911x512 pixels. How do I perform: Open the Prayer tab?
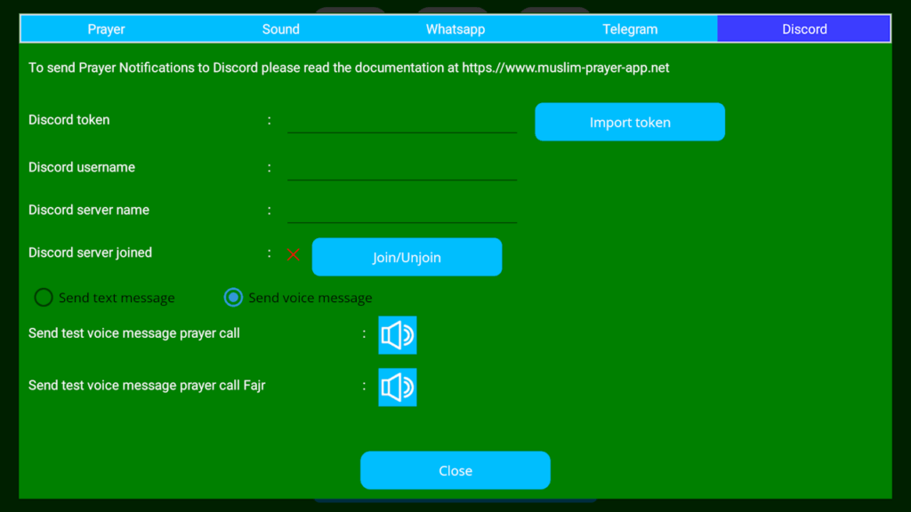pyautogui.click(x=107, y=29)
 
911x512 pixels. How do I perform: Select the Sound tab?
pyautogui.click(x=280, y=29)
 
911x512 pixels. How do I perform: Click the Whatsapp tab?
pyautogui.click(x=455, y=29)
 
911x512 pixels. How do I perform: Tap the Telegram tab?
pyautogui.click(x=630, y=29)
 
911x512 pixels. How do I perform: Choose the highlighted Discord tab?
pyautogui.click(x=804, y=29)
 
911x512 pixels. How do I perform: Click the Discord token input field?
pyautogui.click(x=402, y=122)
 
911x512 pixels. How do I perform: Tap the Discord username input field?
pyautogui.click(x=402, y=169)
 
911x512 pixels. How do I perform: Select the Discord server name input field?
pyautogui.click(x=402, y=212)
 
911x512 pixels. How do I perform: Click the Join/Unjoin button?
pyautogui.click(x=407, y=257)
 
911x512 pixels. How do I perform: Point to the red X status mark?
pyautogui.click(x=294, y=254)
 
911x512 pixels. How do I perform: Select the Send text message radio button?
pyautogui.click(x=44, y=298)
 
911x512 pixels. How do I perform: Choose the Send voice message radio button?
pyautogui.click(x=234, y=298)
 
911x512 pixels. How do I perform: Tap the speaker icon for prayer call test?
pyautogui.click(x=398, y=335)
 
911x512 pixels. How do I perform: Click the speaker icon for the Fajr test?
pyautogui.click(x=398, y=388)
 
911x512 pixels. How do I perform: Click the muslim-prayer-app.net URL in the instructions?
pyautogui.click(x=565, y=68)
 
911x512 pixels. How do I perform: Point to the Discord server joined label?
pyautogui.click(x=90, y=252)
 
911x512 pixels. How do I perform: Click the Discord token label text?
pyautogui.click(x=69, y=120)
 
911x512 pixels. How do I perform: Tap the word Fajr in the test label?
pyautogui.click(x=254, y=386)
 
